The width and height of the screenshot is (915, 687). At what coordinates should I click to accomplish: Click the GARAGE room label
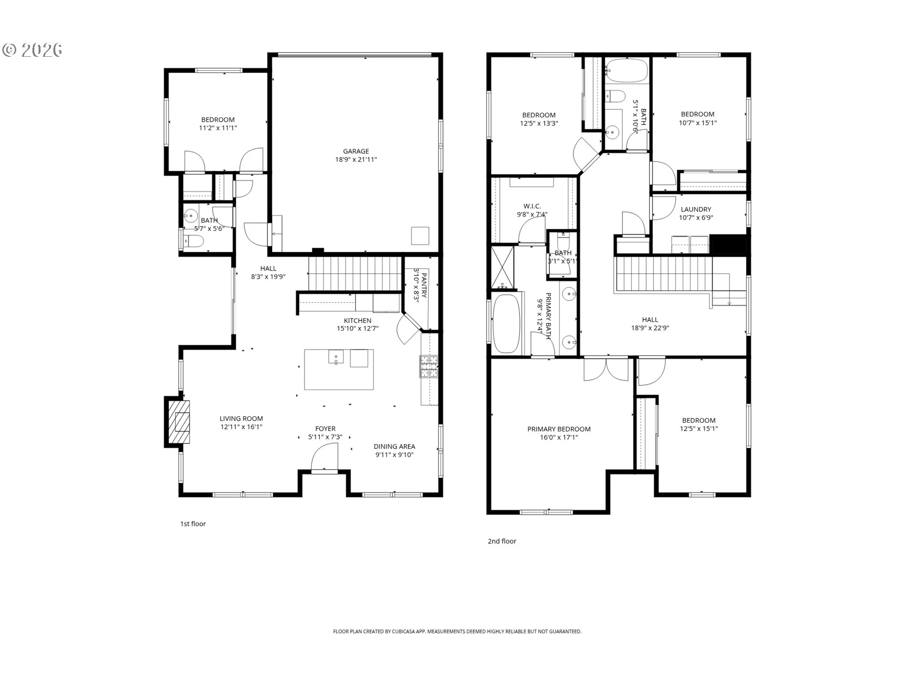tap(356, 151)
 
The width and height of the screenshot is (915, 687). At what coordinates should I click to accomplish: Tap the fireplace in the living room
tap(179, 422)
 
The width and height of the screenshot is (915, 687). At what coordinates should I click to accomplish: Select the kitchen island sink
tap(336, 356)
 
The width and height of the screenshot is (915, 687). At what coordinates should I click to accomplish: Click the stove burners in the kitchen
tap(429, 366)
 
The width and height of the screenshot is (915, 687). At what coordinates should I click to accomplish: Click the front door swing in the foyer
tap(324, 457)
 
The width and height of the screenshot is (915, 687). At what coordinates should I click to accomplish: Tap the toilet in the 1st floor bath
tap(193, 241)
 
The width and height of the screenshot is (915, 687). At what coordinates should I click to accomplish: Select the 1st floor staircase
tap(355, 273)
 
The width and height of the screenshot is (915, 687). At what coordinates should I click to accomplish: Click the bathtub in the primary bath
tap(506, 323)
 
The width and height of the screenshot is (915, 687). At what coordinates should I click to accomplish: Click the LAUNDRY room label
tap(696, 209)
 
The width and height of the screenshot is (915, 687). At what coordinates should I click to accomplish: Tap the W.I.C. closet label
tap(532, 207)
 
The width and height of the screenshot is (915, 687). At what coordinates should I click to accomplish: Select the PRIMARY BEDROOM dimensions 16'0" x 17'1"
tap(559, 437)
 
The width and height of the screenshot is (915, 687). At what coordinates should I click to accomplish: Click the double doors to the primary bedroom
tap(606, 369)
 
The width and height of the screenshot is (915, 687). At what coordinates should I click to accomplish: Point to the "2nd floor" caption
tap(502, 541)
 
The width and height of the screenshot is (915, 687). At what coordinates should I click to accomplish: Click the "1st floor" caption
tap(193, 524)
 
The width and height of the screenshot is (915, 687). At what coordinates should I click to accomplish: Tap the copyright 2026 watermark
tap(32, 50)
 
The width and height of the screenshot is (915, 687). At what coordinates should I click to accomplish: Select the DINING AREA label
tap(394, 447)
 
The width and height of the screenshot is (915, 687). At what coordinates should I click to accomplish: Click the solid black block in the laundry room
tap(728, 245)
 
